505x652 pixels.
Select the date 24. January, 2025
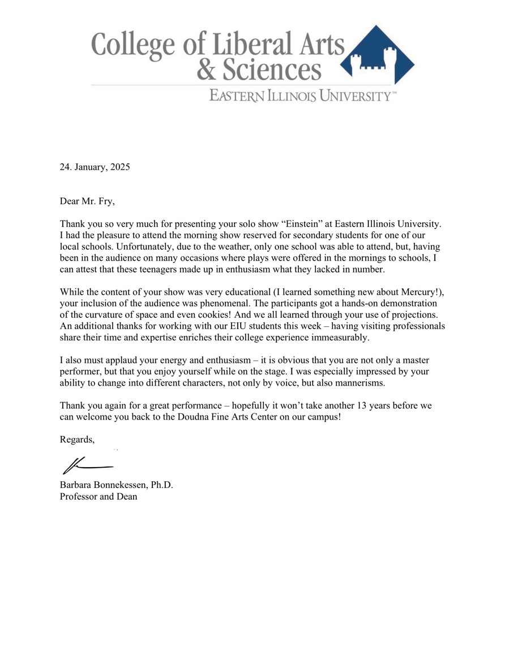[x=95, y=167]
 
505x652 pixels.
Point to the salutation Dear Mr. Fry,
[x=87, y=201]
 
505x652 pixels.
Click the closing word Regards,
[x=78, y=440]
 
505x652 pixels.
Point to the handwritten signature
[x=88, y=465]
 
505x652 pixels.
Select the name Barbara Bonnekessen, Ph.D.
[x=116, y=486]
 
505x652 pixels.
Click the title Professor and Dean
[x=99, y=497]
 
